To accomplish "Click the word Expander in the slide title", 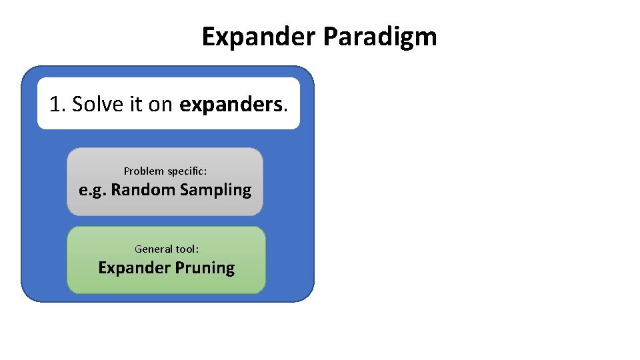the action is tap(259, 37).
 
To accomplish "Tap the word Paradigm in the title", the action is tap(380, 37).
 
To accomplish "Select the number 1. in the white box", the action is tap(58, 104).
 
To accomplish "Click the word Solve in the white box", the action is tap(93, 104).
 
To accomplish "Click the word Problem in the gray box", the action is tap(144, 171).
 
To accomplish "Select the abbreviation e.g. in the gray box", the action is tap(92, 190).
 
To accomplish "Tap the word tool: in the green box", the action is tap(187, 249).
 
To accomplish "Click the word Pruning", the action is tap(205, 268).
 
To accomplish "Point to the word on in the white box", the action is tap(160, 104).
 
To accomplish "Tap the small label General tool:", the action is tap(167, 249).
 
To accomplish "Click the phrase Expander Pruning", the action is tap(167, 268).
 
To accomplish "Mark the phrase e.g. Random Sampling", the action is tap(165, 190).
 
